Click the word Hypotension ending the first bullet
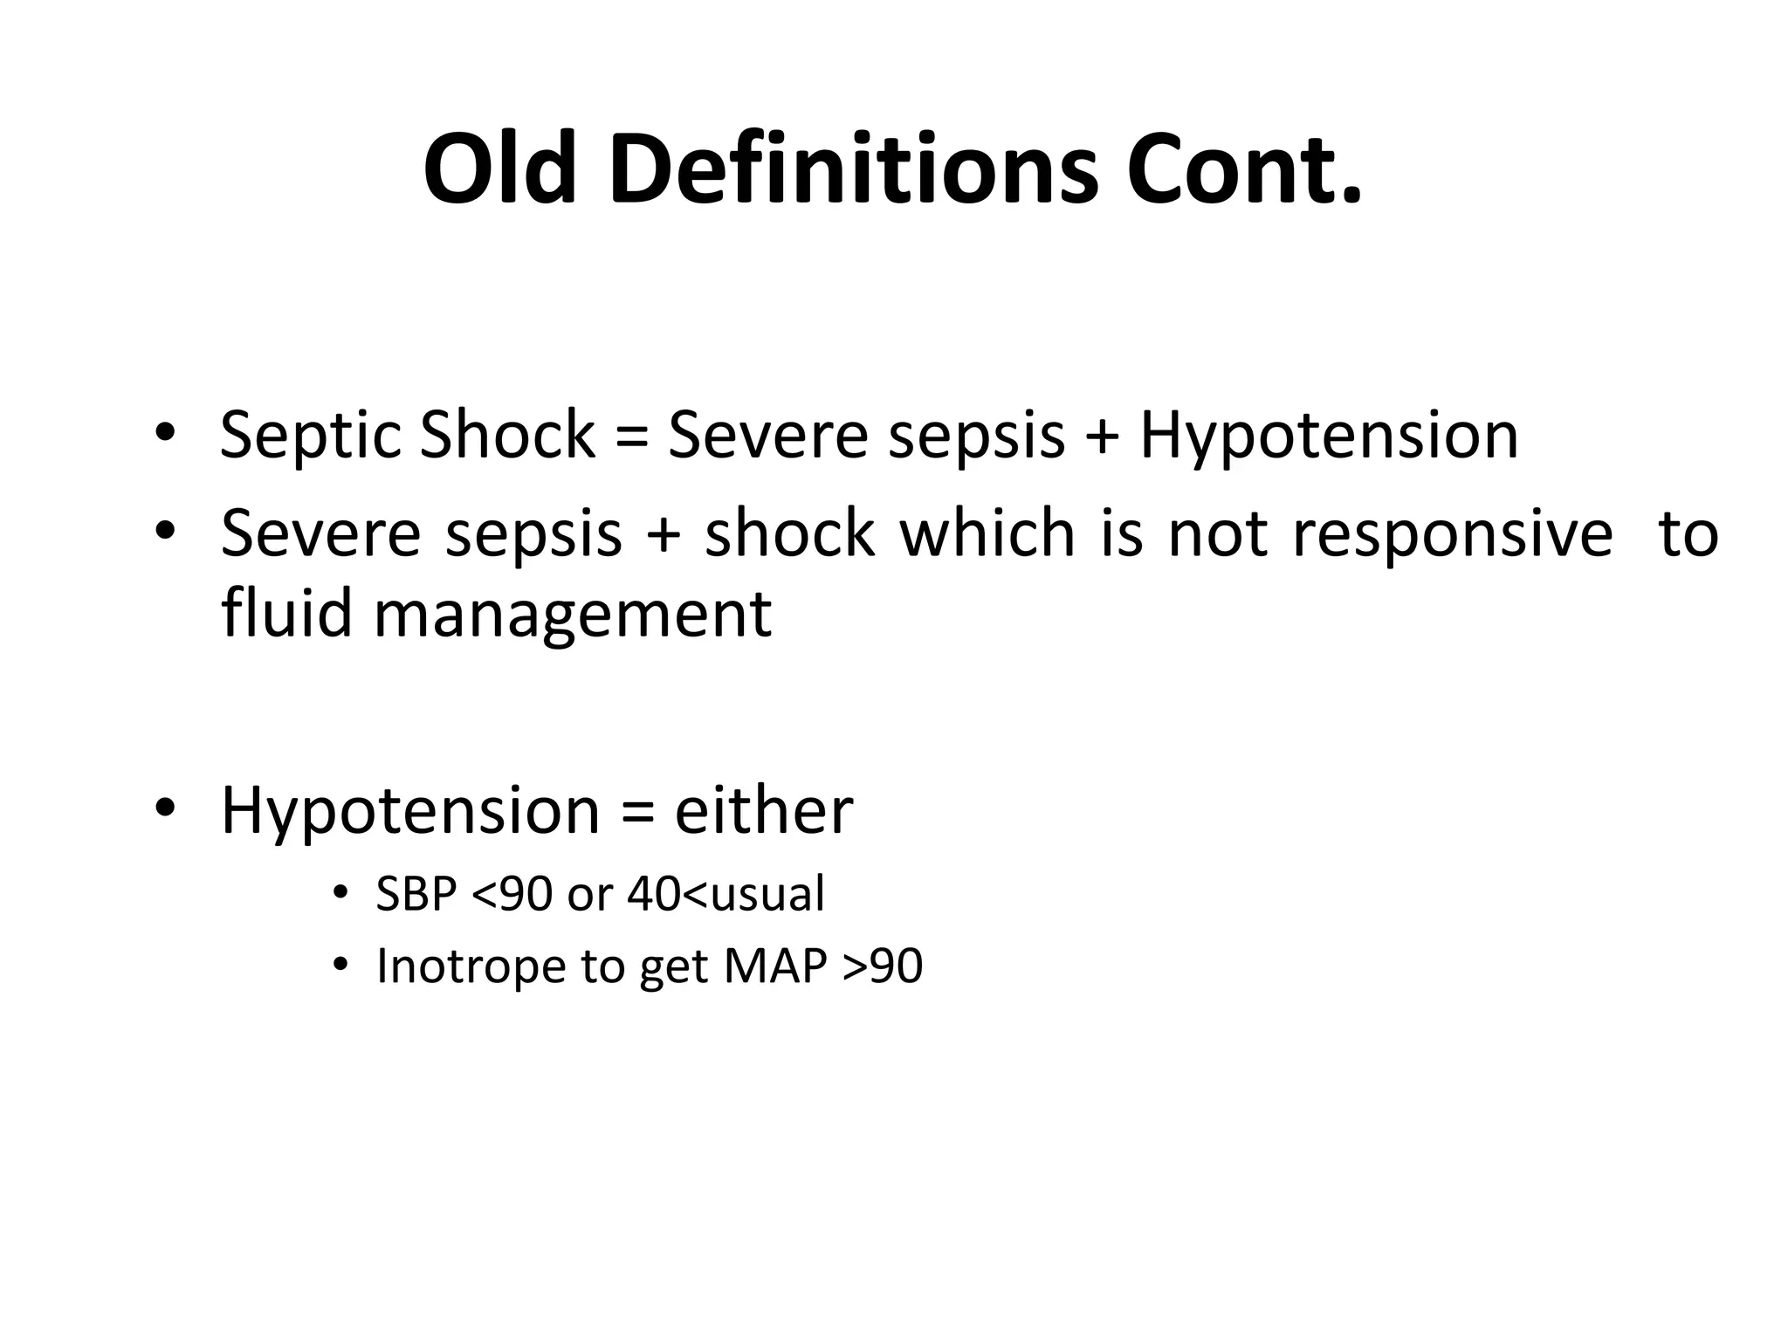point(1329,436)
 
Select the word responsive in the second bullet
point(1452,533)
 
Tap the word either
point(763,811)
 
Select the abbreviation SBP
point(416,895)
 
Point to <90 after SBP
point(512,895)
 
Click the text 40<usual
point(726,895)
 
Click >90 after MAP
point(883,966)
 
